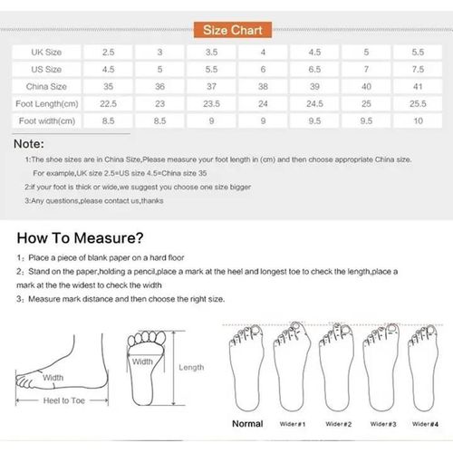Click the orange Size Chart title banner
pyautogui.click(x=226, y=32)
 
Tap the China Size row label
pyautogui.click(x=46, y=87)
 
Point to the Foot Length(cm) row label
pyautogui.click(x=46, y=103)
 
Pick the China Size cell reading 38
pyautogui.click(x=263, y=87)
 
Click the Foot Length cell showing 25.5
pyautogui.click(x=417, y=103)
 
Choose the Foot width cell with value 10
pyautogui.click(x=417, y=120)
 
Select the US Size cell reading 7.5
pyautogui.click(x=417, y=70)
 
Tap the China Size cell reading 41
pyautogui.click(x=417, y=87)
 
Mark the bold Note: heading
pyautogui.click(x=30, y=143)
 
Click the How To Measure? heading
pyautogui.click(x=80, y=239)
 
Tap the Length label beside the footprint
pyautogui.click(x=191, y=368)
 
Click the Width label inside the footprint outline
pyautogui.click(x=143, y=361)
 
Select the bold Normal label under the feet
pyautogui.click(x=247, y=423)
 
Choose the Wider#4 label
pyautogui.click(x=423, y=424)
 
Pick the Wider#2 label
pyautogui.click(x=338, y=424)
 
